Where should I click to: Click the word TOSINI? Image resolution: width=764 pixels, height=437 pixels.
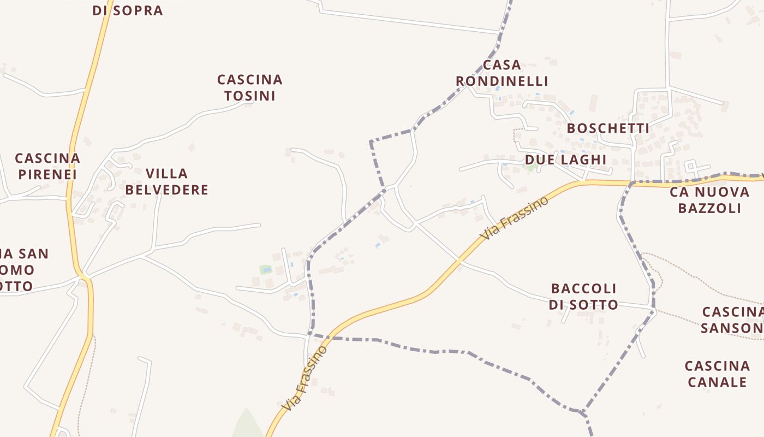(250, 96)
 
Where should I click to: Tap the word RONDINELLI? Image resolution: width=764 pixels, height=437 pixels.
(502, 81)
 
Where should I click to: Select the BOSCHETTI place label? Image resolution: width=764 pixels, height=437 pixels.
(608, 128)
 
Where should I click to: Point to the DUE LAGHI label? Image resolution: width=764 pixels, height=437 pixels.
(565, 160)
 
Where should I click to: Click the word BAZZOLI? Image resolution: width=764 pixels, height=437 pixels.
(709, 208)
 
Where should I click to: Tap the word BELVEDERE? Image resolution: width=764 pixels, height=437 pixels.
(167, 190)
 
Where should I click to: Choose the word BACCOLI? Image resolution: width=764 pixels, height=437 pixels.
(583, 288)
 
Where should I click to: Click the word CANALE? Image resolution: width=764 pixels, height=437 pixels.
(717, 382)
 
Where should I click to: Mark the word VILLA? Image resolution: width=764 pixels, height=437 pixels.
(167, 174)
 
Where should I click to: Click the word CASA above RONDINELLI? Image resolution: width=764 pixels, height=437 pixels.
(502, 65)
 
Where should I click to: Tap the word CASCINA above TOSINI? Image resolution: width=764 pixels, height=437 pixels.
(250, 80)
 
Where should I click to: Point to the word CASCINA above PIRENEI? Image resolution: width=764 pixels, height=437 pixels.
(47, 158)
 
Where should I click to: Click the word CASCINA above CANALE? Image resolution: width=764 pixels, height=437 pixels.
(717, 365)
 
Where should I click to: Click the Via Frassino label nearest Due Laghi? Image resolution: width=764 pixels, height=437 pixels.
(514, 218)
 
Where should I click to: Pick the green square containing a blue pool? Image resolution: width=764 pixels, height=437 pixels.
(265, 269)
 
